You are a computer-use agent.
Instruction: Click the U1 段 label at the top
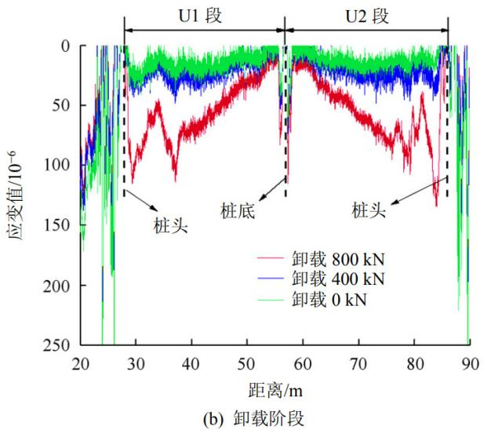coord(203,15)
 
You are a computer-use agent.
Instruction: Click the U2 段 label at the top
coord(366,15)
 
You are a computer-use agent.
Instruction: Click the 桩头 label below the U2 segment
coord(368,210)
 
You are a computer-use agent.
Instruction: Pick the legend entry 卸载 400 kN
coord(338,279)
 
